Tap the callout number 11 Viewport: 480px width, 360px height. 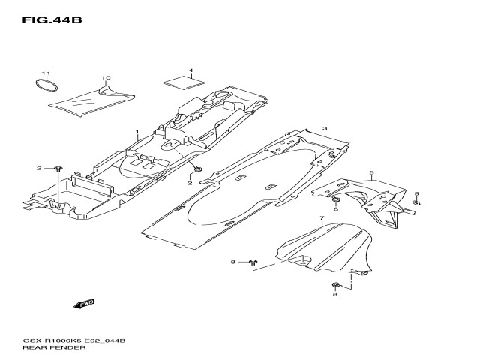click(45, 73)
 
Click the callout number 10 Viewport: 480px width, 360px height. click(106, 79)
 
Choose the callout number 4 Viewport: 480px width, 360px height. click(191, 71)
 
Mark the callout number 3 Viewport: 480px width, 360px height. click(325, 130)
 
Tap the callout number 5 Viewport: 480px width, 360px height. click(371, 174)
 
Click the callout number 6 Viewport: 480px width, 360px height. click(336, 209)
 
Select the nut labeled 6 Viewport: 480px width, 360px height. click(335, 199)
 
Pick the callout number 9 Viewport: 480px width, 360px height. click(417, 203)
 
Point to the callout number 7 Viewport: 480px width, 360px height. click(321, 220)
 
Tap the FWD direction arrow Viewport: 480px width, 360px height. click(82, 304)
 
